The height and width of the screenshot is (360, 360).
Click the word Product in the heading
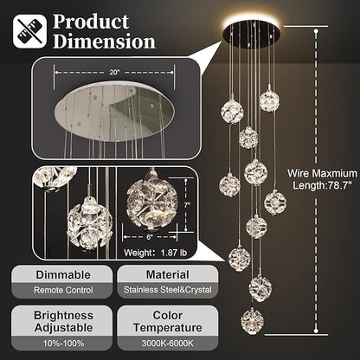(x=90, y=21)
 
